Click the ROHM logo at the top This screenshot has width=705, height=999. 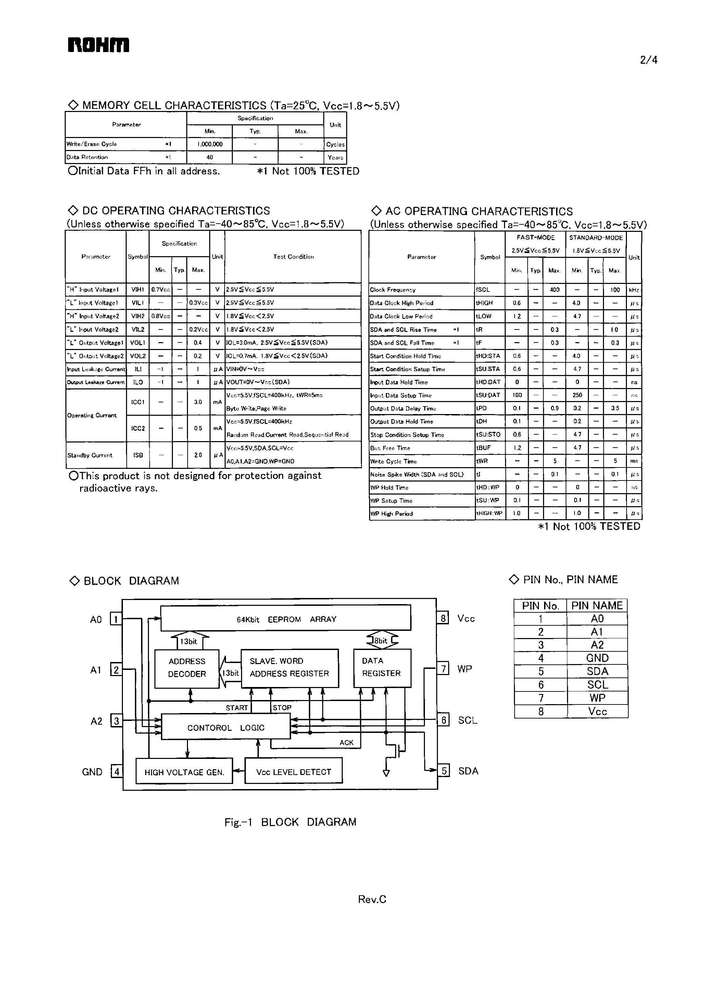point(98,45)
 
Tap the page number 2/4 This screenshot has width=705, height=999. point(649,60)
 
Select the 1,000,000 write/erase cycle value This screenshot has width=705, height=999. point(210,144)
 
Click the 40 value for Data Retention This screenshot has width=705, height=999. point(210,157)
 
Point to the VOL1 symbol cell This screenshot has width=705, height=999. point(137,343)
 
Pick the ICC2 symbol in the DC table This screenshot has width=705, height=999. point(137,428)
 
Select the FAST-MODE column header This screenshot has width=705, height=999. point(536,238)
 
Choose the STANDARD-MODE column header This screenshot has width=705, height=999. point(596,238)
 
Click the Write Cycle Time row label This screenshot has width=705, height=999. point(393,461)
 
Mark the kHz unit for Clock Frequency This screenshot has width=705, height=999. point(634,290)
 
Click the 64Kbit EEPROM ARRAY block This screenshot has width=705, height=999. point(286,619)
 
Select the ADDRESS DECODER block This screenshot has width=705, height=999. point(187,667)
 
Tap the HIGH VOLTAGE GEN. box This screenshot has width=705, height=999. point(185,772)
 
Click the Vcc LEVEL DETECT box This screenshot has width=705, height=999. point(293,772)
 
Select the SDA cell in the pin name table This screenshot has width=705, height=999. point(597,671)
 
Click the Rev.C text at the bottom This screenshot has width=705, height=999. point(372,899)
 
